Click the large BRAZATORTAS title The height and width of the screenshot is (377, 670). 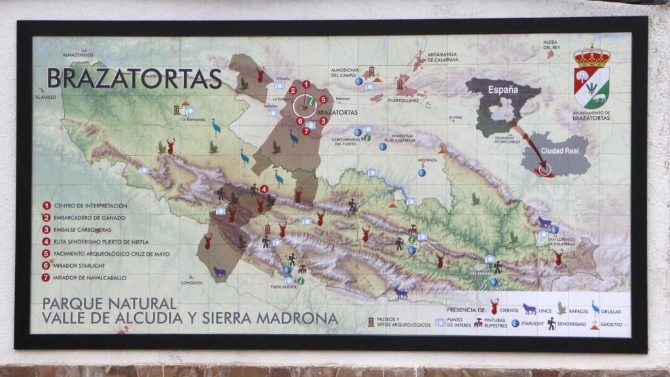tap(134, 79)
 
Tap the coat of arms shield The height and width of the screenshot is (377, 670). tap(591, 87)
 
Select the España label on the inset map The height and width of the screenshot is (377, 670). tap(502, 90)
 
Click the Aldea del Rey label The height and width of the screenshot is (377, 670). tap(552, 45)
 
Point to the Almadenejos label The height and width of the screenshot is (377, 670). tap(79, 55)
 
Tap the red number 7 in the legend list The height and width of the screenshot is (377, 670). tap(46, 278)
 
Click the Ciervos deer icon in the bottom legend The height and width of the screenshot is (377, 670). tap(494, 308)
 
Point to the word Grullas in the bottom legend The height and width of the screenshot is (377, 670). tap(610, 312)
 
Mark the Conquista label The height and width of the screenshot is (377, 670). tap(192, 283)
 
